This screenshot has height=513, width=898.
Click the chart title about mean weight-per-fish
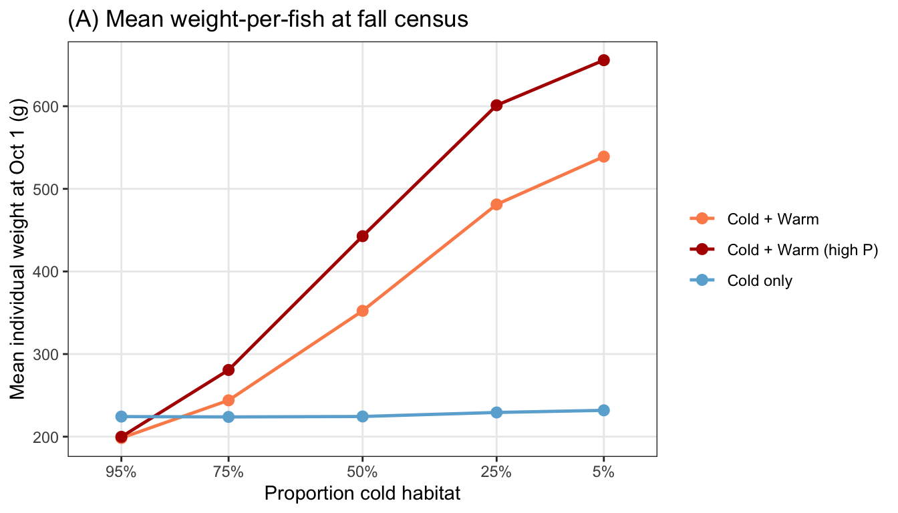[x=268, y=19]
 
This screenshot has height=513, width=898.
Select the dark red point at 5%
[x=604, y=61]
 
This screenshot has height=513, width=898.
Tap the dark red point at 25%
[x=496, y=106]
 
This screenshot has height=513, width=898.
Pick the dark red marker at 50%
[x=362, y=236]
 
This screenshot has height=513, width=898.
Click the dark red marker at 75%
[x=229, y=370]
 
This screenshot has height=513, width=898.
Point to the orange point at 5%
[x=604, y=157]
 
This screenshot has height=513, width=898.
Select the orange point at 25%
[x=496, y=204]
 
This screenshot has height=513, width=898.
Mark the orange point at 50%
[x=362, y=311]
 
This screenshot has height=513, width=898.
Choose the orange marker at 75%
[x=229, y=400]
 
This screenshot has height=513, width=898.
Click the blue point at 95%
[x=121, y=416]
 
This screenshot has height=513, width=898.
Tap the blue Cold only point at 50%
[x=362, y=416]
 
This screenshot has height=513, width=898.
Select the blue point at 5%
[x=604, y=410]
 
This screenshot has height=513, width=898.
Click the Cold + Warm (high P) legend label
[x=802, y=250]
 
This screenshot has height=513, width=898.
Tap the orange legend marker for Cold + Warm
[x=702, y=219]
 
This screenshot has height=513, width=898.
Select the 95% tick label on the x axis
[x=121, y=472]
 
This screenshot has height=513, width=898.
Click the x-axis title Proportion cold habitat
[x=362, y=494]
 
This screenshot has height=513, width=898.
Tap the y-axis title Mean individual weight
[x=17, y=249]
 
